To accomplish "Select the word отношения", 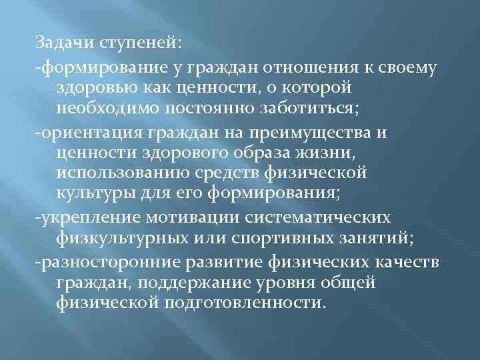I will point(303,67).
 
